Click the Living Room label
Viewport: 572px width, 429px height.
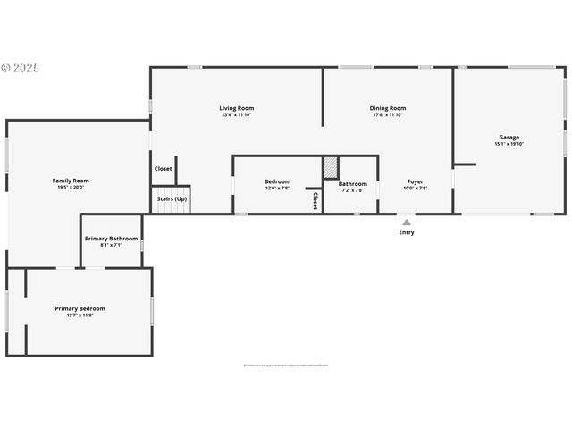pos(236,108)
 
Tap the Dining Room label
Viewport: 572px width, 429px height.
pos(388,108)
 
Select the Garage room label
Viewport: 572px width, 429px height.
pos(509,137)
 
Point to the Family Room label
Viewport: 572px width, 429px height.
pos(71,181)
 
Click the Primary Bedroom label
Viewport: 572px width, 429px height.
pos(80,308)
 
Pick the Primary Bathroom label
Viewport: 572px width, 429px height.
pos(111,239)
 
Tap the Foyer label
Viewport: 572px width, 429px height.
pos(416,181)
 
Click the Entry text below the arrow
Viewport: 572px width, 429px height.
pos(407,232)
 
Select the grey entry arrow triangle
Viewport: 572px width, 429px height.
pos(407,223)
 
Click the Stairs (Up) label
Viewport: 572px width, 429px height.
pos(172,198)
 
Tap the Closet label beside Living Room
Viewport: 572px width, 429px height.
pos(164,168)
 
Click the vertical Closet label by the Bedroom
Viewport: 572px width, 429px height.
pos(315,201)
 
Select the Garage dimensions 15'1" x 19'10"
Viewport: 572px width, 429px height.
pos(509,144)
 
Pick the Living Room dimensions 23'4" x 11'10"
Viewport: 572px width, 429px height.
pos(236,115)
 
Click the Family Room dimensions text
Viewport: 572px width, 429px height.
pos(71,188)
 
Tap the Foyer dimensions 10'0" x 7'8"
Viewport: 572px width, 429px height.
pos(416,189)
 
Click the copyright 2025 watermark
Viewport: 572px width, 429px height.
pos(21,67)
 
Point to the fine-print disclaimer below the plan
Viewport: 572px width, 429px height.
pos(286,365)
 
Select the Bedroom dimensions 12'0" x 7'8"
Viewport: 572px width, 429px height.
pos(277,189)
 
